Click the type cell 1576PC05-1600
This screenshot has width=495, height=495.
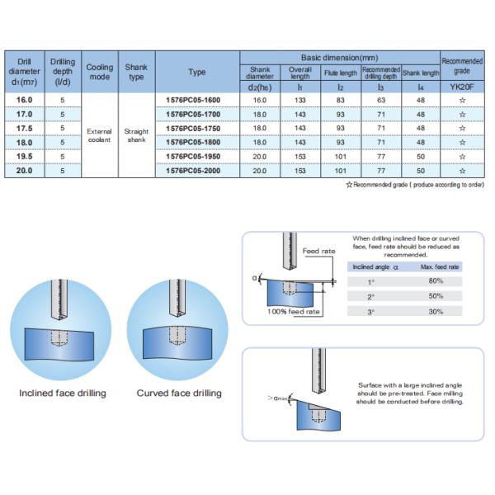pyautogui.click(x=197, y=100)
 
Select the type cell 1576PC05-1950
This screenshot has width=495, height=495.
pyautogui.click(x=197, y=156)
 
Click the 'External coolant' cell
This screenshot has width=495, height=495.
pyautogui.click(x=99, y=135)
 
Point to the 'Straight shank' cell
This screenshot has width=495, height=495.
pyautogui.click(x=136, y=135)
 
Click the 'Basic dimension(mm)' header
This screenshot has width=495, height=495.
pyautogui.click(x=339, y=58)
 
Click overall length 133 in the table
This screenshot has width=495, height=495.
pyautogui.click(x=300, y=100)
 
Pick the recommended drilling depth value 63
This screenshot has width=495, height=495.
pyautogui.click(x=380, y=100)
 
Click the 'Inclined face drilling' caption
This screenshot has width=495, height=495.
pyautogui.click(x=63, y=393)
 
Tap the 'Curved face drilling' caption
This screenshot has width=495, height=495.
pyautogui.click(x=179, y=393)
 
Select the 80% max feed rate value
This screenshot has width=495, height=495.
pyautogui.click(x=435, y=281)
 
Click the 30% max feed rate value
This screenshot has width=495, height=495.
pyautogui.click(x=435, y=311)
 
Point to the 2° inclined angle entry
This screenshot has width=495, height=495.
pyautogui.click(x=370, y=296)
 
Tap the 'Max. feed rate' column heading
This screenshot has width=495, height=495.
pyautogui.click(x=435, y=267)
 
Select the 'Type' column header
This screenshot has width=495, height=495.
pyautogui.click(x=197, y=72)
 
